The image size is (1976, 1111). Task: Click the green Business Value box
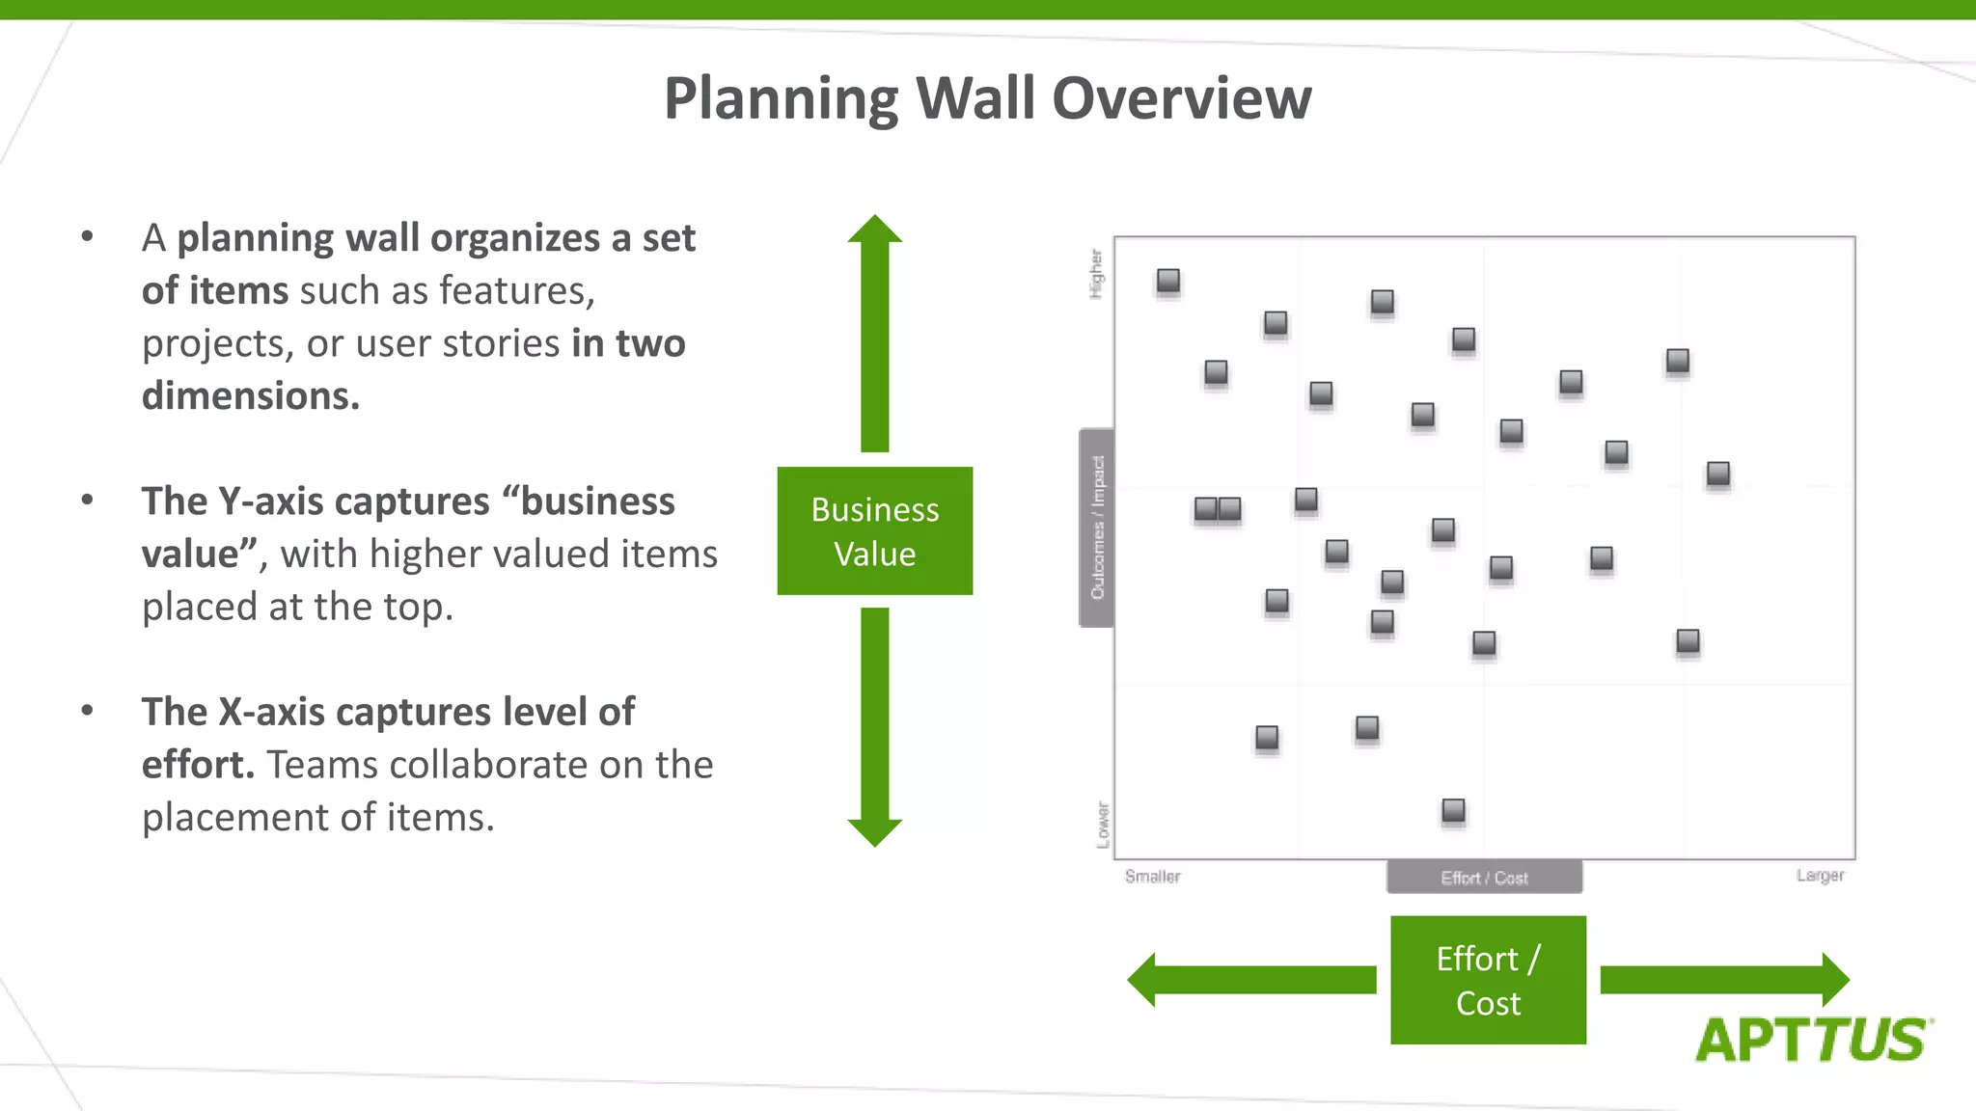point(874,530)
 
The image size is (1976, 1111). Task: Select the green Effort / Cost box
point(1488,980)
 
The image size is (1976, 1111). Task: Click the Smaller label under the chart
point(1152,877)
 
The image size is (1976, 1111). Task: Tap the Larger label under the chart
point(1820,876)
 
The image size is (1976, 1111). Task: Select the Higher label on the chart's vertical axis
point(1097,274)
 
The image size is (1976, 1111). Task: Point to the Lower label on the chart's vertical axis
point(1103,825)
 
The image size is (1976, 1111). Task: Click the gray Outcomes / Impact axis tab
point(1097,528)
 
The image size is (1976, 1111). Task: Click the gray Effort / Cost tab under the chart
point(1484,878)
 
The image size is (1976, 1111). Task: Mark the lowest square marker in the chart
point(1453,810)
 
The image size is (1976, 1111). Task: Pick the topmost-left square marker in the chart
point(1168,281)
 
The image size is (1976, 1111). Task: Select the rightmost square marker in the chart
point(1718,474)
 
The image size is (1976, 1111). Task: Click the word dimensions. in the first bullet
point(251,396)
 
